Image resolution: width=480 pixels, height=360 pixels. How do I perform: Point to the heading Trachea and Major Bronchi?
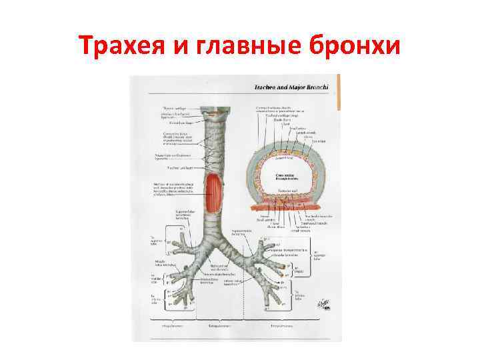(x=293, y=88)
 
